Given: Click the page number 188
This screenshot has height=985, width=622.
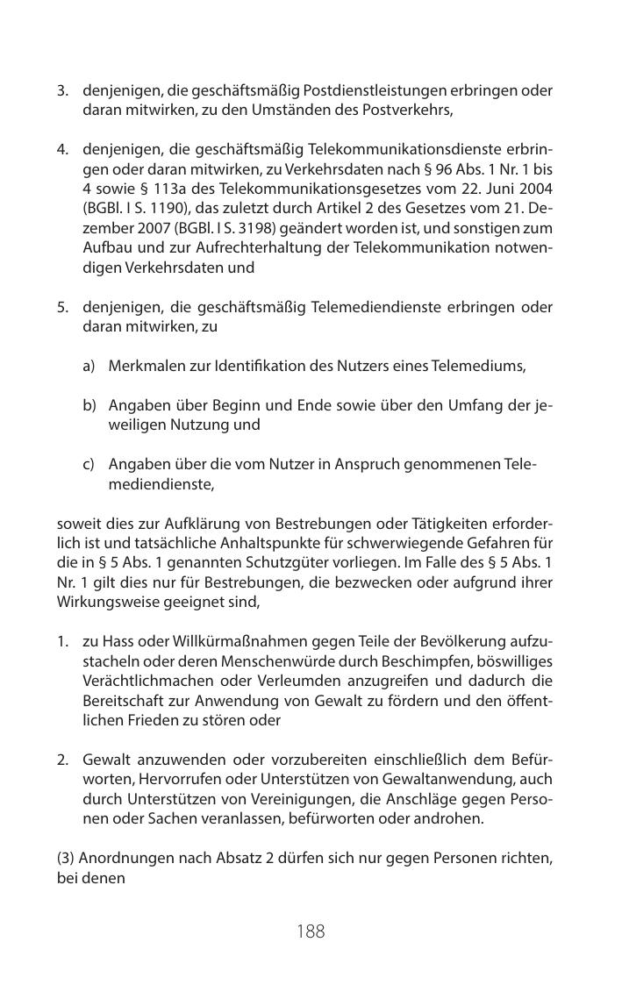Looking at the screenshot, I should coord(311,931).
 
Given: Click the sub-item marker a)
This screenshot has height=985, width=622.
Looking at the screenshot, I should coord(89,365).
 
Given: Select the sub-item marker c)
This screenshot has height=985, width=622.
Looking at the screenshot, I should coord(89,463).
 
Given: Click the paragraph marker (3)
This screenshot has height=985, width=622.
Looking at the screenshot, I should coord(66,858).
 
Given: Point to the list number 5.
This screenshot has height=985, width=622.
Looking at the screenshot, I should coord(62,307).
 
